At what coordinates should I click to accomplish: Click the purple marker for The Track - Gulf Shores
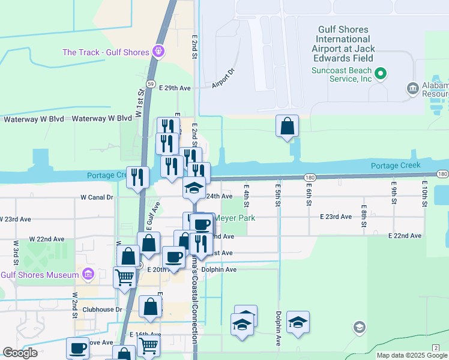click(x=158, y=52)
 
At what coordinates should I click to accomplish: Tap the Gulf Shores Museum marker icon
click(x=88, y=275)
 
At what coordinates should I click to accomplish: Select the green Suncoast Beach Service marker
click(x=380, y=74)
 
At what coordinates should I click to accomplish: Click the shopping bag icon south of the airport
click(x=288, y=126)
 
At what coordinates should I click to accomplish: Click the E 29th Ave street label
click(x=175, y=88)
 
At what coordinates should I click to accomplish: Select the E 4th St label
click(x=246, y=193)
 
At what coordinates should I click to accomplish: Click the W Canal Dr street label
click(x=97, y=197)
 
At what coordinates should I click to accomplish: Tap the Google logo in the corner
click(x=20, y=353)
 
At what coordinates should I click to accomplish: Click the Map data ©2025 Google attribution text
click(x=412, y=355)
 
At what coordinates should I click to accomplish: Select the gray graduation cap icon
click(x=359, y=327)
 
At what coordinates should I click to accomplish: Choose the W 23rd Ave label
click(x=16, y=220)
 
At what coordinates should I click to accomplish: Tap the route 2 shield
click(x=435, y=347)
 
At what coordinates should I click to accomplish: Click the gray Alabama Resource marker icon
click(x=413, y=89)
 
